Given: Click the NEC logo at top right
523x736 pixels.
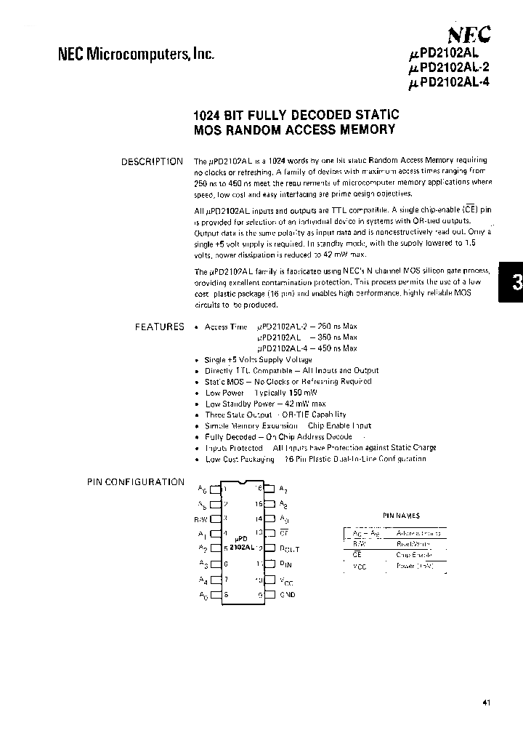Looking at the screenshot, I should pyautogui.click(x=469, y=34).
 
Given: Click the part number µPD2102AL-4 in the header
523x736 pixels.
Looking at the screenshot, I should pyautogui.click(x=450, y=82).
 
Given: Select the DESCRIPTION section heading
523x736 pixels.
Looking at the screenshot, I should pyautogui.click(x=152, y=161).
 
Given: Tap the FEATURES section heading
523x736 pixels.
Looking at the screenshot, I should pyautogui.click(x=160, y=327).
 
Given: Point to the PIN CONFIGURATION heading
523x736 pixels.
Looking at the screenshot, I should pyautogui.click(x=136, y=481).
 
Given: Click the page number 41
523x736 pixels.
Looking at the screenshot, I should pyautogui.click(x=487, y=703).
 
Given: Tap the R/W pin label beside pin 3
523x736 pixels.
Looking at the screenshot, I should pyautogui.click(x=200, y=519).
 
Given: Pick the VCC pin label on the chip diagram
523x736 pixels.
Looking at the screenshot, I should pyautogui.click(x=287, y=580).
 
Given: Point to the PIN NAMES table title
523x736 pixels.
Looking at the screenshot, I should pyautogui.click(x=401, y=515).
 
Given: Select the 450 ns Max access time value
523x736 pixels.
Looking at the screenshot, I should pyautogui.click(x=340, y=348).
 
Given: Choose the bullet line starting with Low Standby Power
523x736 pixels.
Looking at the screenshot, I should pyautogui.click(x=265, y=404).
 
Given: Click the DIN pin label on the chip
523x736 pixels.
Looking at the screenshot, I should pyautogui.click(x=286, y=564).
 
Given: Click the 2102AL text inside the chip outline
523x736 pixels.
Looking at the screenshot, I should pyautogui.click(x=240, y=548).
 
